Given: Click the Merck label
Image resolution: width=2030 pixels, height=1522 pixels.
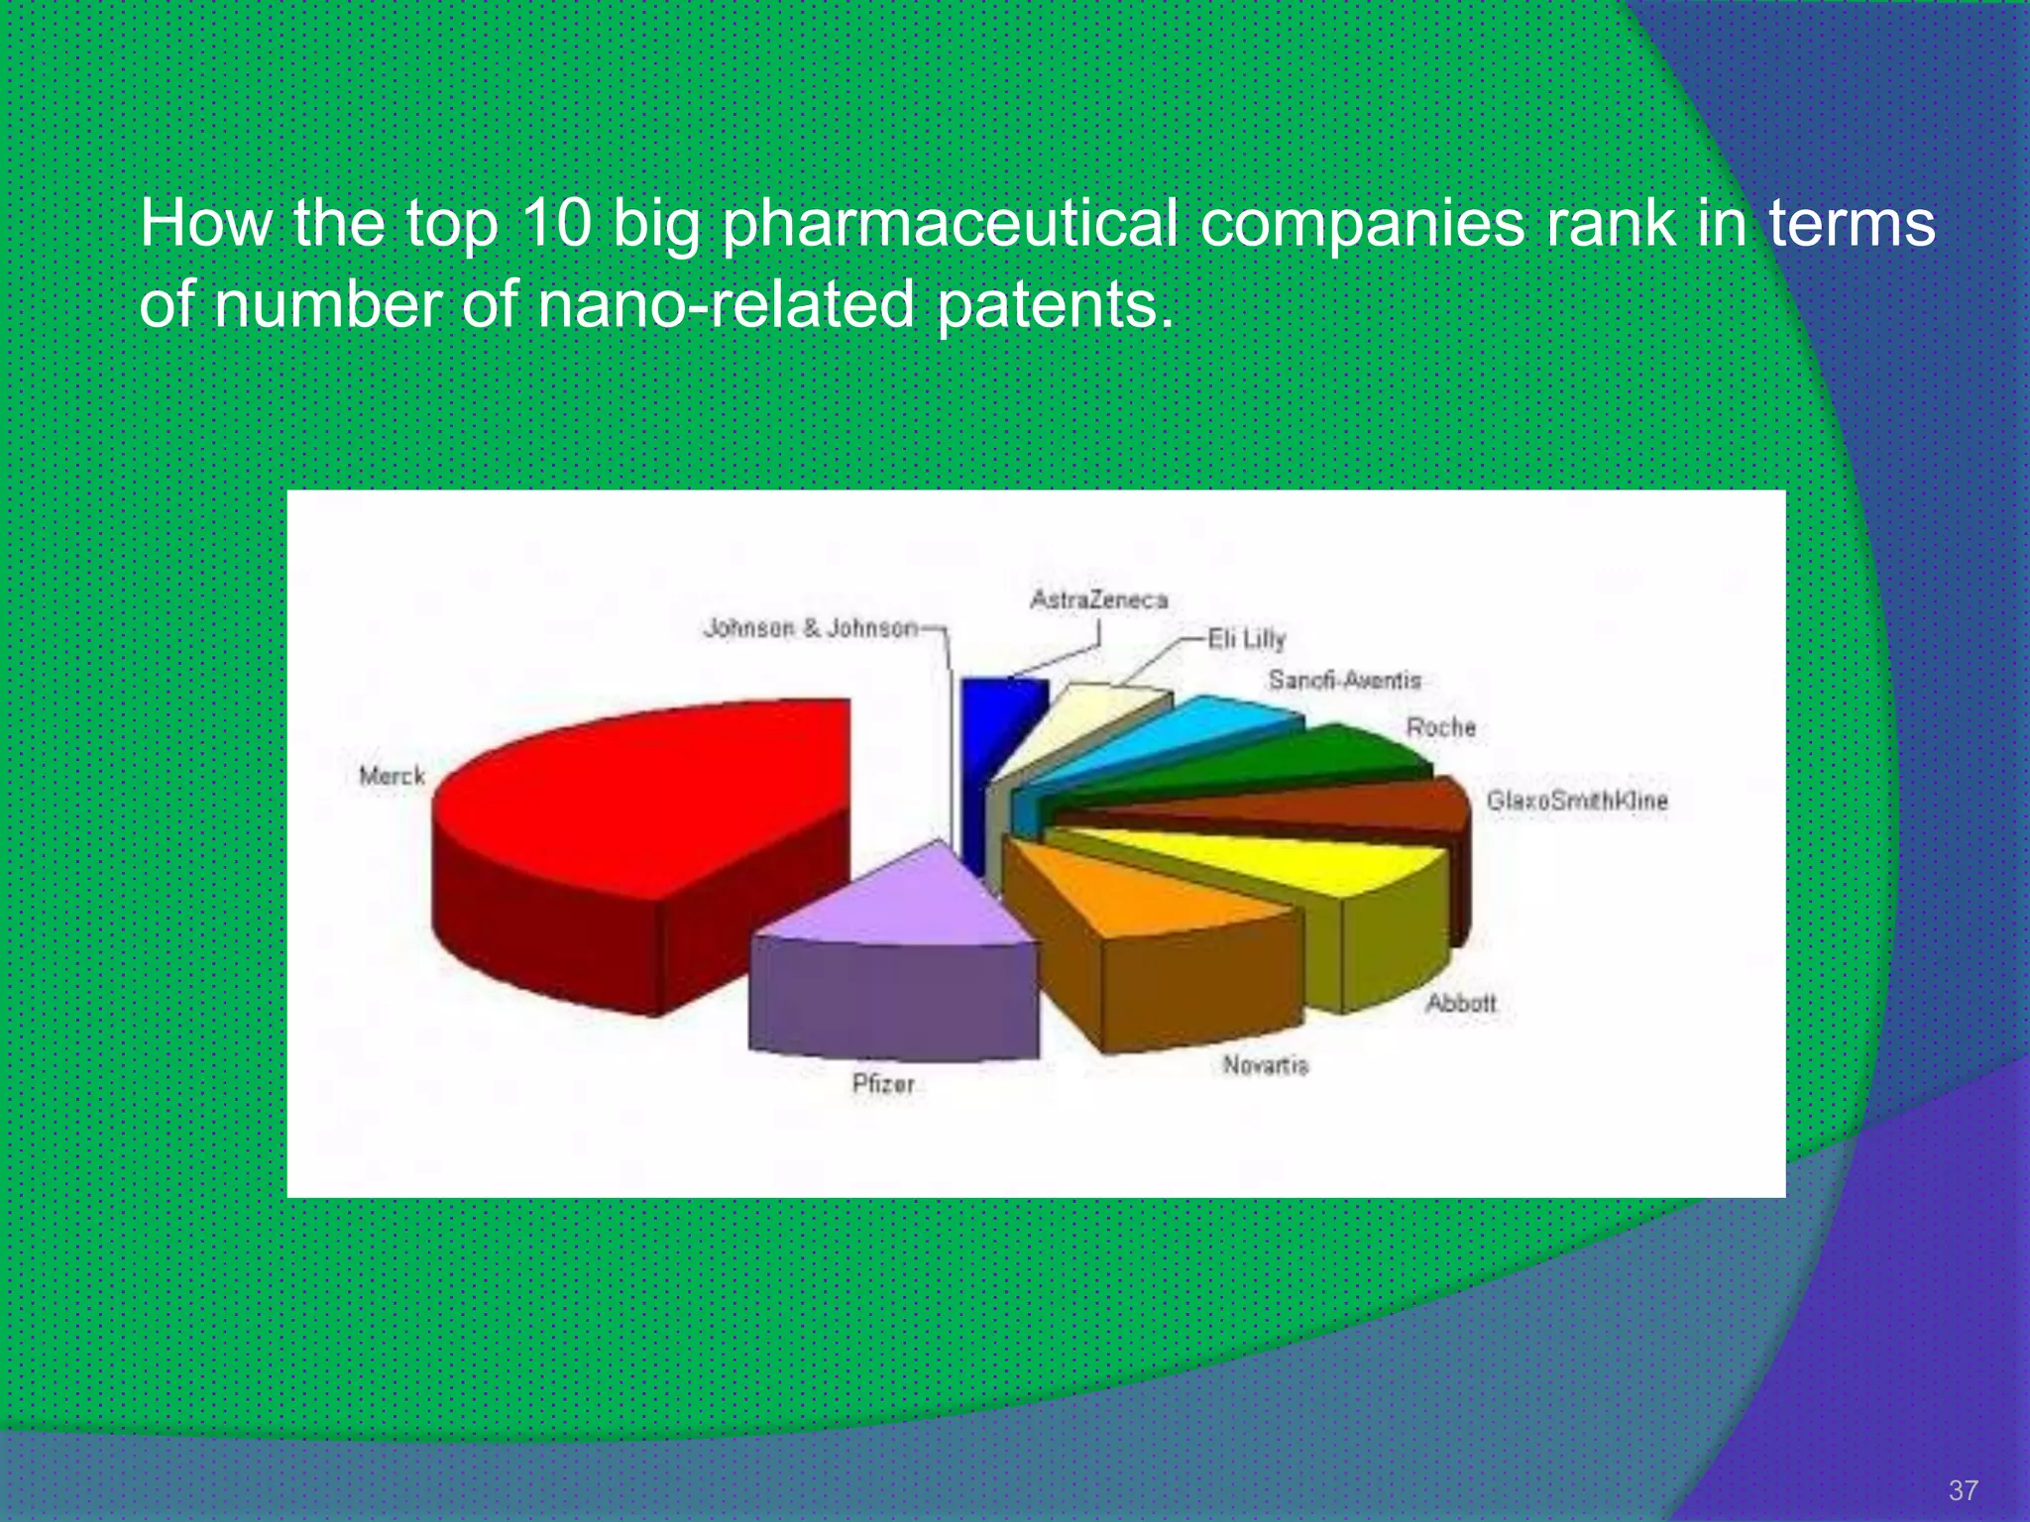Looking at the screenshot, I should point(393,776).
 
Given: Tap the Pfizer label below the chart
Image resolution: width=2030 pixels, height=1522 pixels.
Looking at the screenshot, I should point(883,1084).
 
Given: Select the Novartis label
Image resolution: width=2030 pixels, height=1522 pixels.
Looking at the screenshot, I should point(1266,1065).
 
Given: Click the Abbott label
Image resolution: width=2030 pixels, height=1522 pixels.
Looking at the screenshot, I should point(1460,1003).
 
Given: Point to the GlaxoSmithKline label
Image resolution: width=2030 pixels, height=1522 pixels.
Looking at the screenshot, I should point(1577,801).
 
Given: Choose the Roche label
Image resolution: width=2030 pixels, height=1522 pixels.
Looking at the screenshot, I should point(1441,727).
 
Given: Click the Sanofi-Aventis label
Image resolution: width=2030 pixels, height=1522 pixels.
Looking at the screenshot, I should point(1345,680).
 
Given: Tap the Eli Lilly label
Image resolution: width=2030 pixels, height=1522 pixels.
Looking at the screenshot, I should point(1247,639).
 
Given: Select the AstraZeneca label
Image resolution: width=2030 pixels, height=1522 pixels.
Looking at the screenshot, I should point(1099,599).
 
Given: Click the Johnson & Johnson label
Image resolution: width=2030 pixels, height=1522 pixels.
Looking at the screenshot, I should point(811,628).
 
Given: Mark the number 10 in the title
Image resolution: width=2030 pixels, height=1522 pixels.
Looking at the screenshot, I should point(555,224).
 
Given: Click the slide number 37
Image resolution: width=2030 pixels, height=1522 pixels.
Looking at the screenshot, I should point(1963,1490).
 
